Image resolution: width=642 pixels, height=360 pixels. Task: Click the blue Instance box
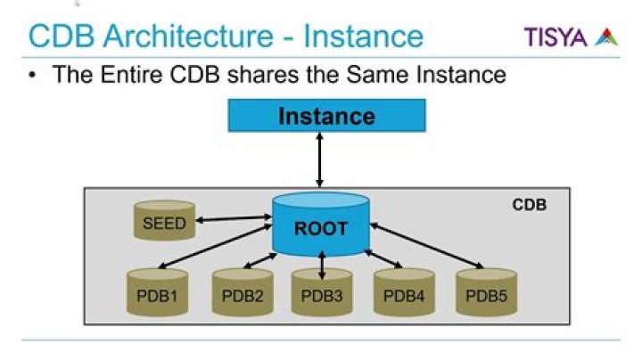pyautogui.click(x=326, y=116)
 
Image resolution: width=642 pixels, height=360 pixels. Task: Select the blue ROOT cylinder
pyautogui.click(x=321, y=226)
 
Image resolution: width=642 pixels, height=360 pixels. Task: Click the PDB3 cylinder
pyautogui.click(x=322, y=295)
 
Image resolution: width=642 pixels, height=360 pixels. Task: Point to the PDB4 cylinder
pyautogui.click(x=402, y=295)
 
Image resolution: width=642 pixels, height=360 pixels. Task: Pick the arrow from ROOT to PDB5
pyautogui.click(x=425, y=249)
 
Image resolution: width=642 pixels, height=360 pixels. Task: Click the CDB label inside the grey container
pyautogui.click(x=529, y=205)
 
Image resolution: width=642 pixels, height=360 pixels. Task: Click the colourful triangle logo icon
pyautogui.click(x=607, y=37)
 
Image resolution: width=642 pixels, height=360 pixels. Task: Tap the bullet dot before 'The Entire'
pyautogui.click(x=34, y=74)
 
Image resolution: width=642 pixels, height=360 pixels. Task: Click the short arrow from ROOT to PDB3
pyautogui.click(x=321, y=267)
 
